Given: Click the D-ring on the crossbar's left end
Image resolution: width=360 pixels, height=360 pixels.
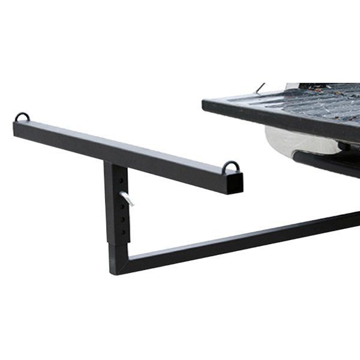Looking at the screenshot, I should click(22, 117).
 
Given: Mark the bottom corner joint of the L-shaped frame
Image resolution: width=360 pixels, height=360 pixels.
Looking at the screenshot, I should click(118, 264).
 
